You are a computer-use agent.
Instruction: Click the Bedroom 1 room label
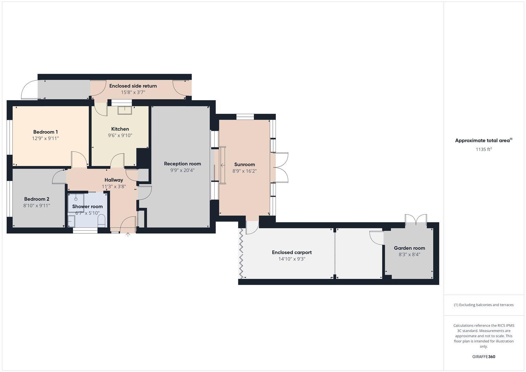45,132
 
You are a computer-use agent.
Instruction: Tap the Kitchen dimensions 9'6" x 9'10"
120,136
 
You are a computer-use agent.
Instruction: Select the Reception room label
182,164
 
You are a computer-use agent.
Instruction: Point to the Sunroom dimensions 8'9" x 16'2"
245,171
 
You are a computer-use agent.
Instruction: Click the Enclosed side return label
133,86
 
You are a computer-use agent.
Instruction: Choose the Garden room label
409,248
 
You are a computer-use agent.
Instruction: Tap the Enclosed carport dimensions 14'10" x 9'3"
292,259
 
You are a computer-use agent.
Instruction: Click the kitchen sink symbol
124,110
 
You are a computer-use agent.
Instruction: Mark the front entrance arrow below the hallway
128,235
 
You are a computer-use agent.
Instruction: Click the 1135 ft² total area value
483,149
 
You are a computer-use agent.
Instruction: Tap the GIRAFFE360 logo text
483,357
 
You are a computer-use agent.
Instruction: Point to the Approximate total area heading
483,141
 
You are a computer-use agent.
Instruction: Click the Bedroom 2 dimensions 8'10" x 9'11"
37,206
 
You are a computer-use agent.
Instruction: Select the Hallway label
114,180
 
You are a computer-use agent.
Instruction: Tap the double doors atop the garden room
416,219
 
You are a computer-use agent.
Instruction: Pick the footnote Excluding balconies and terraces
483,305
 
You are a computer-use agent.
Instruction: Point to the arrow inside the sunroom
223,166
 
